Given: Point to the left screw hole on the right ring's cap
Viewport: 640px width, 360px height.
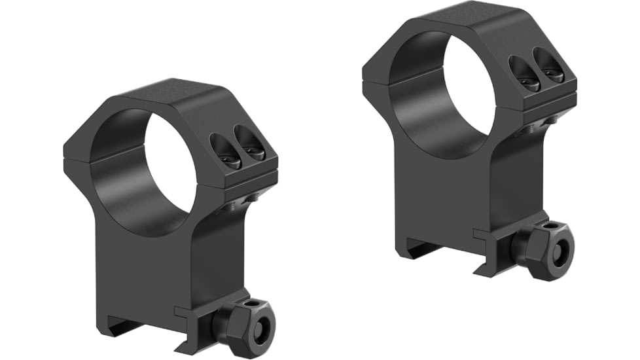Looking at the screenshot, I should pyautogui.click(x=522, y=73).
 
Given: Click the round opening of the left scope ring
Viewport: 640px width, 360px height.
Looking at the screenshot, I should pyautogui.click(x=151, y=172).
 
